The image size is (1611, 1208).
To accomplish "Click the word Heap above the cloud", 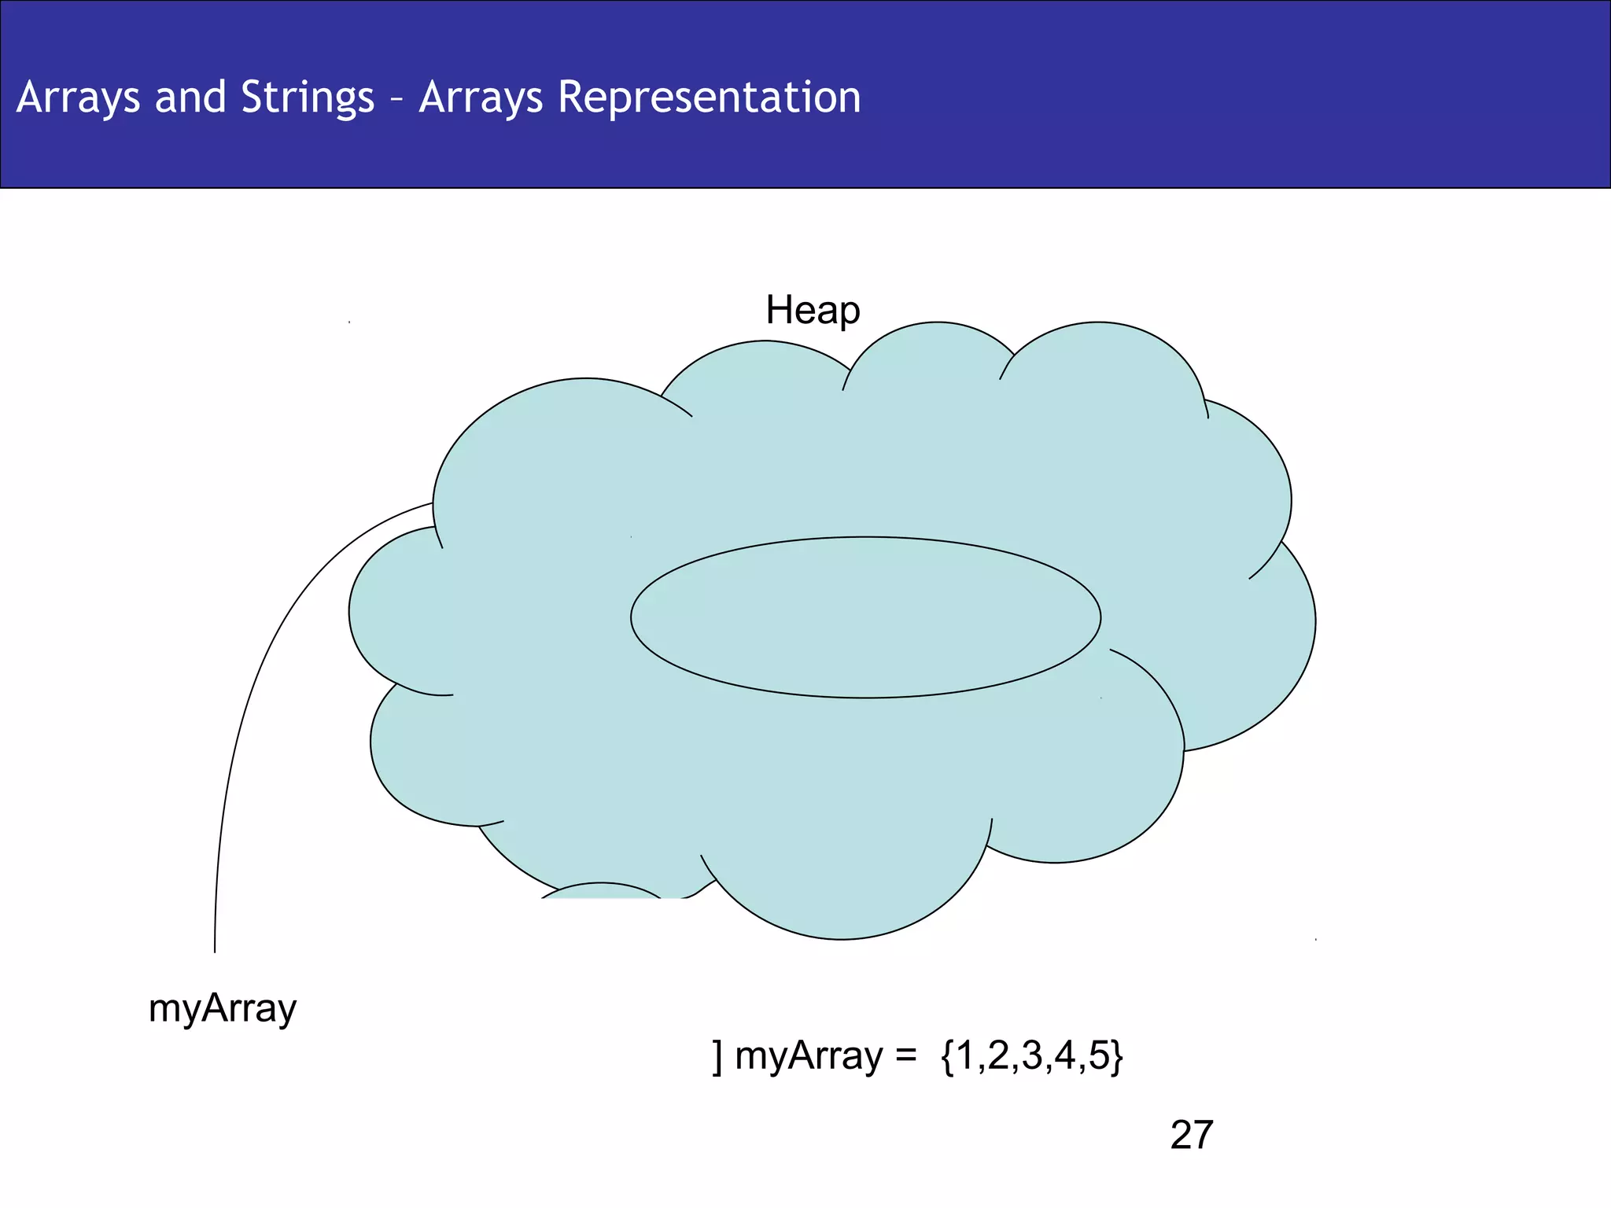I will (813, 310).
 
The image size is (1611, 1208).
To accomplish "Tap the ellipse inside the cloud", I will (865, 617).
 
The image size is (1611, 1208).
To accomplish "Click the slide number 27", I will (1191, 1135).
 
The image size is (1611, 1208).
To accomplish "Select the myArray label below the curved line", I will (223, 1009).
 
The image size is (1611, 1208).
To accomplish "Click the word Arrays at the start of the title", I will (77, 98).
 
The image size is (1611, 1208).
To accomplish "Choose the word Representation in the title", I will (709, 98).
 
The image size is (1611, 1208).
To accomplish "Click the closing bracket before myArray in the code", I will (717, 1056).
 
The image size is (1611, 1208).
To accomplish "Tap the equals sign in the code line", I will (906, 1056).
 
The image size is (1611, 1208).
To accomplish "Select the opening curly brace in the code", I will (946, 1056).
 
